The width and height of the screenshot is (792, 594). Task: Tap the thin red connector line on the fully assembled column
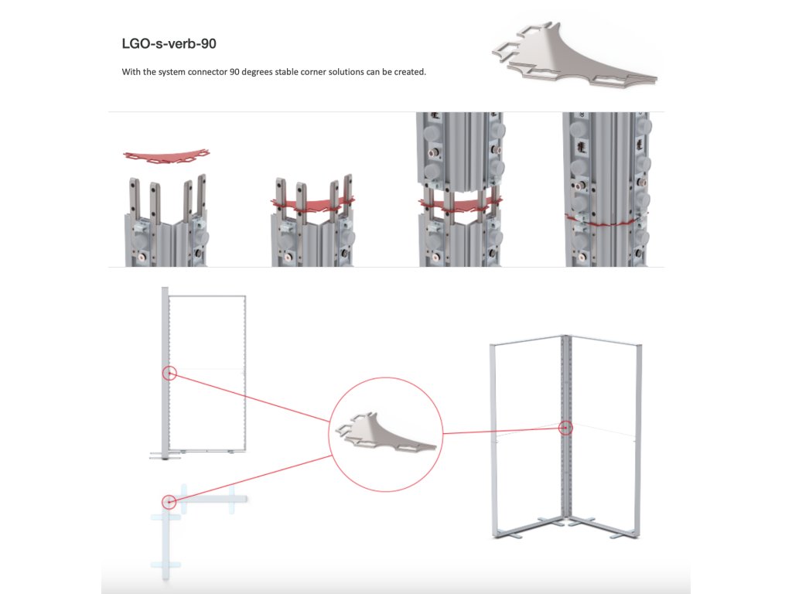(608, 220)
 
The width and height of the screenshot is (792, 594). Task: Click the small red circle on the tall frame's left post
(170, 374)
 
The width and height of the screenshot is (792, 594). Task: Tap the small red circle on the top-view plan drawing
(169, 501)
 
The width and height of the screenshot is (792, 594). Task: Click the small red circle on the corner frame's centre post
(566, 427)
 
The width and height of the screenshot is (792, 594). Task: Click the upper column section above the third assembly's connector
(459, 151)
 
